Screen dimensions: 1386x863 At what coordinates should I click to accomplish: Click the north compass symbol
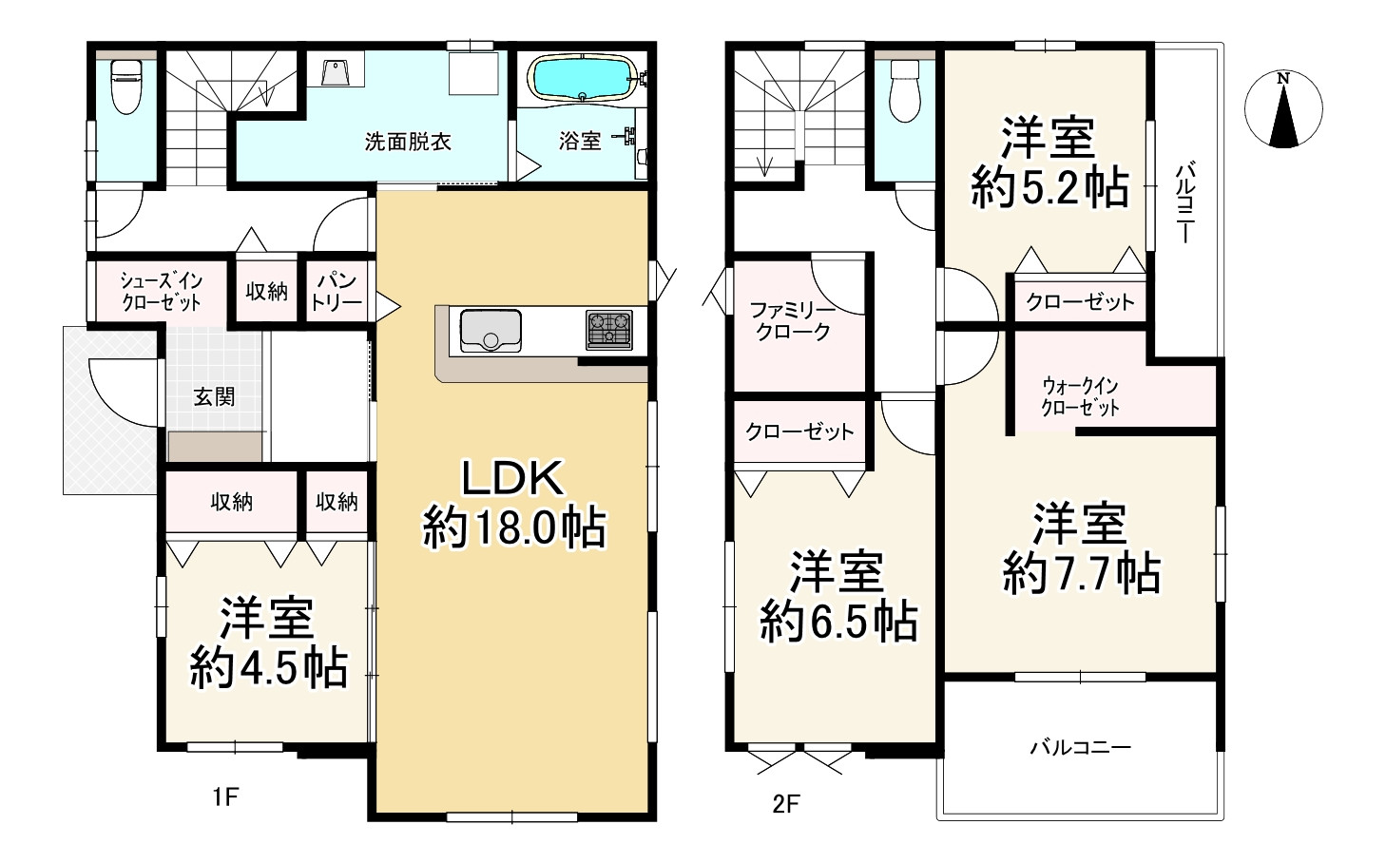pos(1283,109)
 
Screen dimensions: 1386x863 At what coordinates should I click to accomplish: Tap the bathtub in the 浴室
pos(582,78)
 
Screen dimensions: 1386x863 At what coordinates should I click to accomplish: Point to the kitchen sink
pos(491,331)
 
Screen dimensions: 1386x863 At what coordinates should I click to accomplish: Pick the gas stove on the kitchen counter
pos(608,329)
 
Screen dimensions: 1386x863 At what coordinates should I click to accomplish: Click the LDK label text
pos(512,477)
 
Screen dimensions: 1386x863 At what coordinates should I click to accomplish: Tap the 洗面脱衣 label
pos(408,142)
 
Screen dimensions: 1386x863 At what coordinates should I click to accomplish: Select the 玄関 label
pos(214,396)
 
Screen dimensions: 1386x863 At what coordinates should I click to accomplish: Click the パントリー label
pos(337,292)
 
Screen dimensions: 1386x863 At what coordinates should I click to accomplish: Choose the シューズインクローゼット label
pos(162,292)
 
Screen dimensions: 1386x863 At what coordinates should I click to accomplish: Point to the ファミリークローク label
pos(793,321)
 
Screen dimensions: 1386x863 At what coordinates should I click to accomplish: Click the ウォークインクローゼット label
pos(1080,396)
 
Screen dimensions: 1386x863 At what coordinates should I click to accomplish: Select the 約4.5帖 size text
pos(268,668)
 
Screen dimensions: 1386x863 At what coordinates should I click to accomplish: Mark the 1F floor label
pos(225,796)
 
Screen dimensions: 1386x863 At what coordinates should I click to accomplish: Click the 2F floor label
pos(786,804)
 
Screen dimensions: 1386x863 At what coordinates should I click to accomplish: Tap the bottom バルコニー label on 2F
pos(1080,747)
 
